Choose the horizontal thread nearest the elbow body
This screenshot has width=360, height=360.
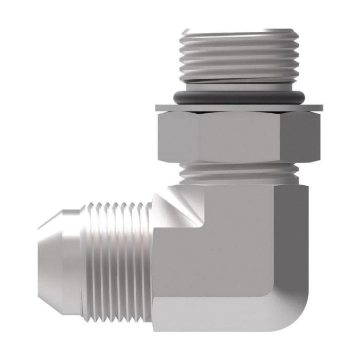pyautogui.click(x=147, y=242)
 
